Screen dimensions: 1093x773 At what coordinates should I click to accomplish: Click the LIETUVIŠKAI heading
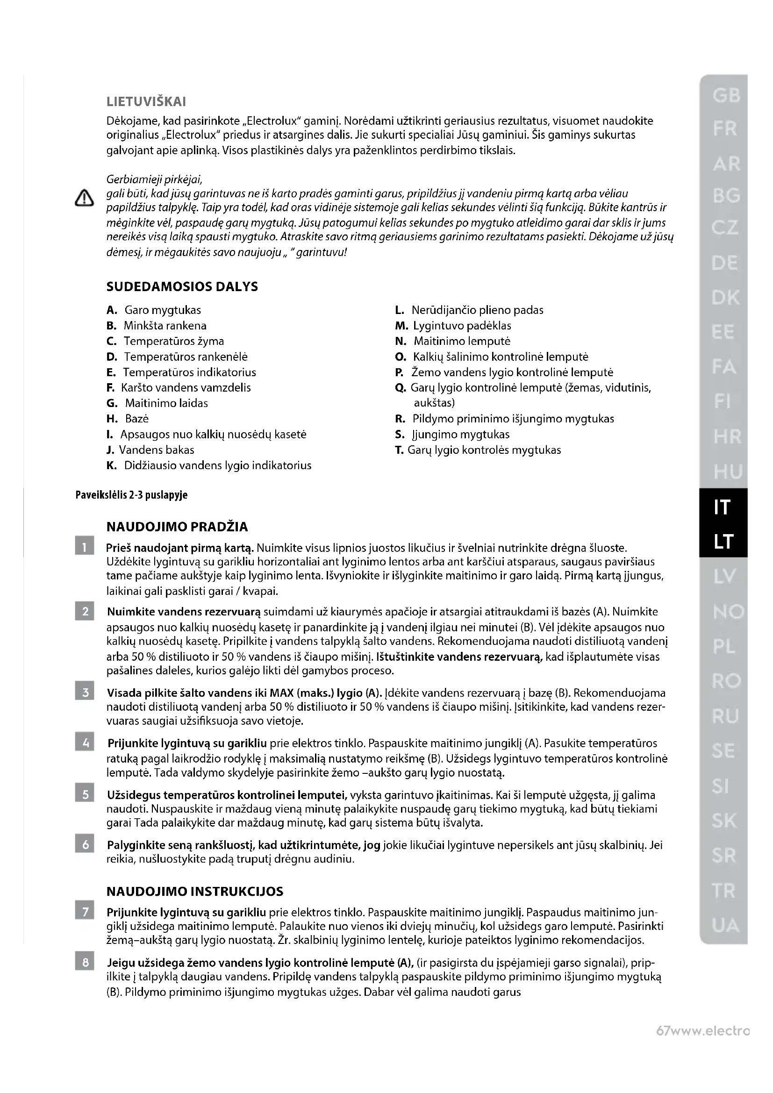click(x=146, y=101)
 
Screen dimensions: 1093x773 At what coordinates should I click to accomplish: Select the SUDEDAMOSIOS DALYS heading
click(x=182, y=286)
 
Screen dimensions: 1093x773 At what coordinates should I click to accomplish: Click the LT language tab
click(x=723, y=541)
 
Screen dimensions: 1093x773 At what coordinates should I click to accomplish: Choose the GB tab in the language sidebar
click(x=726, y=96)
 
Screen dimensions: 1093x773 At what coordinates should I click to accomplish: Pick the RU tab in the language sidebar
click(x=725, y=716)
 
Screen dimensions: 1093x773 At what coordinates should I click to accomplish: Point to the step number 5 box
click(x=85, y=794)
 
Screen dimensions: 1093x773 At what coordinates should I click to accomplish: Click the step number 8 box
click(x=85, y=963)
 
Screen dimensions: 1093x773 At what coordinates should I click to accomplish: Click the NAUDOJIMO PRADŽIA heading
click(x=177, y=527)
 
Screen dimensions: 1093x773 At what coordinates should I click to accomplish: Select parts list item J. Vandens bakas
click(x=150, y=450)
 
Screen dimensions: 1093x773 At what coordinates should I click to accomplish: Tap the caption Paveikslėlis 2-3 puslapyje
click(x=131, y=495)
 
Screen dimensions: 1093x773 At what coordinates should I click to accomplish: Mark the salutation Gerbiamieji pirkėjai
click(x=155, y=179)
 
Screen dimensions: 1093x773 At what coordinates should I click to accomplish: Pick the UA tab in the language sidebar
click(x=725, y=925)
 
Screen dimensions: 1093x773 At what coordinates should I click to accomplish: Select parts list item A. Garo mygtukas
click(x=154, y=310)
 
